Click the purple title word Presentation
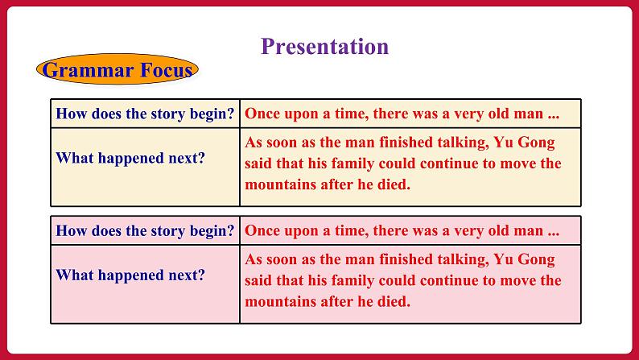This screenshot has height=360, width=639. [324, 46]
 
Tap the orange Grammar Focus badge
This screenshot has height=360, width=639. [117, 70]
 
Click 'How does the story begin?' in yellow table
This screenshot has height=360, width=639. [145, 114]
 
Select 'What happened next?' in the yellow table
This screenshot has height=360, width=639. [130, 158]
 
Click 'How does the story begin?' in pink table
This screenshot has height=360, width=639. [145, 231]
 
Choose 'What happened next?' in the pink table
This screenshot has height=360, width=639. [130, 275]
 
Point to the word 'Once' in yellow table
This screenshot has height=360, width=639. [262, 114]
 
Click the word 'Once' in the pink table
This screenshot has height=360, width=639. [262, 231]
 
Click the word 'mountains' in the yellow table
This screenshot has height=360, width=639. [278, 184]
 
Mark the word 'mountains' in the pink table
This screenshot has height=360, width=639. [278, 302]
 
